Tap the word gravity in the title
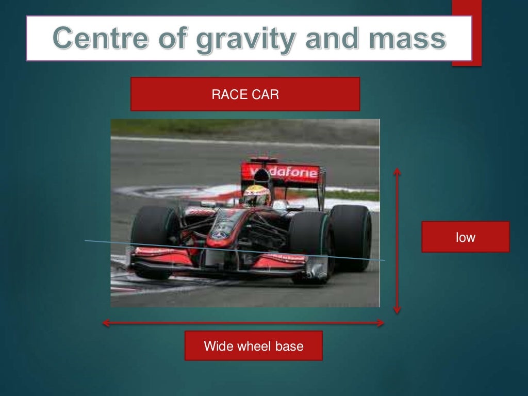click(238, 39)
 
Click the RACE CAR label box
click(245, 94)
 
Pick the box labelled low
click(465, 237)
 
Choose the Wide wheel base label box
click(253, 345)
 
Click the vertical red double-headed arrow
click(397, 240)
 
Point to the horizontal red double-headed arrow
click(243, 323)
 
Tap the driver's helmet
click(256, 195)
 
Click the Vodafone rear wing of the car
click(281, 172)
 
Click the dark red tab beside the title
click(467, 33)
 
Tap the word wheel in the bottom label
click(253, 345)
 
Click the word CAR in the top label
click(266, 94)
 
